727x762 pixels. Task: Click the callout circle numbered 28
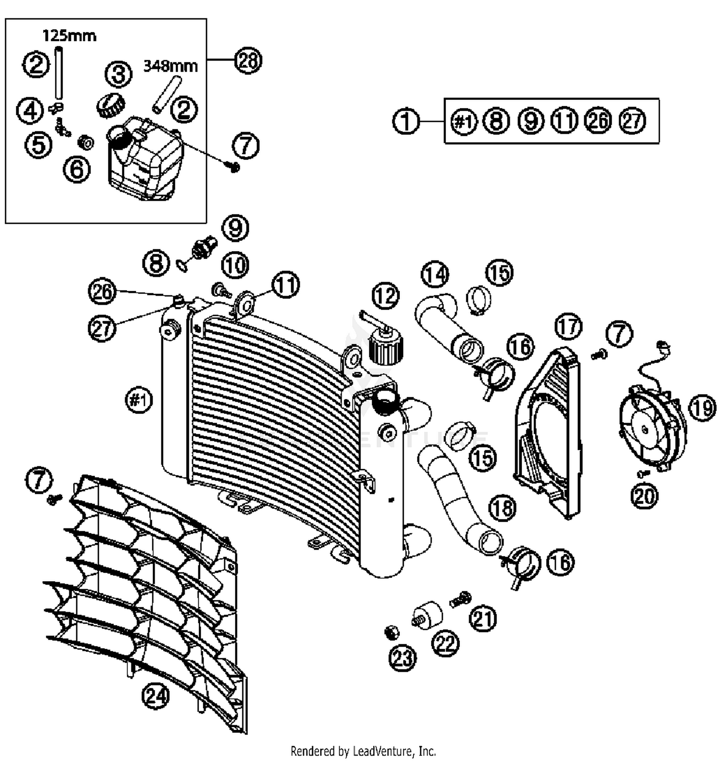pos(248,61)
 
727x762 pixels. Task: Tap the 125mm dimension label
pos(69,36)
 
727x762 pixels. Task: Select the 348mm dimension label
pos(171,66)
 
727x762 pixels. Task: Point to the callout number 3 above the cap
pos(119,74)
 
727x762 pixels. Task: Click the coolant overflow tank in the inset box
pos(145,160)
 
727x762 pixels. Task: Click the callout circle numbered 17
pos(568,327)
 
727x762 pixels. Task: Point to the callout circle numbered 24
pos(156,697)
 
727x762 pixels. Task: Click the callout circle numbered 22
pos(445,643)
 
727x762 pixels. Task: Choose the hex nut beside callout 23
pos(391,632)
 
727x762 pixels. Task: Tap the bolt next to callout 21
pos(459,600)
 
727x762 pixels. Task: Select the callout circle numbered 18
pos(502,508)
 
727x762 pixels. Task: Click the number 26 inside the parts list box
pos(598,121)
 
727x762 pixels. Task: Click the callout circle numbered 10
pos(235,265)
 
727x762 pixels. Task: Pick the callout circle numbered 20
pos(645,496)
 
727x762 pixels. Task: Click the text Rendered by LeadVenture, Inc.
pos(363,751)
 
